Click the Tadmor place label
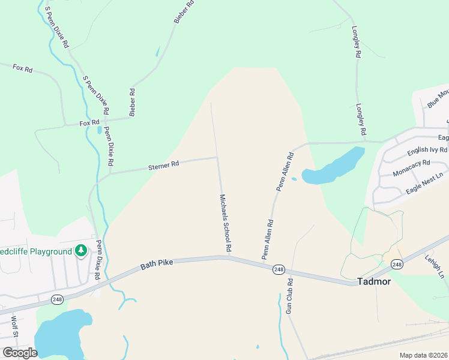373,281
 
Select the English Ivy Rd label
427,150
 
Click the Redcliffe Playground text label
35,251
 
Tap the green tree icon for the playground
81,251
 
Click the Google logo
20,352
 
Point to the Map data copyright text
424,355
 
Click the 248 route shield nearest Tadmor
396,264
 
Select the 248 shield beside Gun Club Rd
278,269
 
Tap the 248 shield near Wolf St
57,299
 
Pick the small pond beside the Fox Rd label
99,130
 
